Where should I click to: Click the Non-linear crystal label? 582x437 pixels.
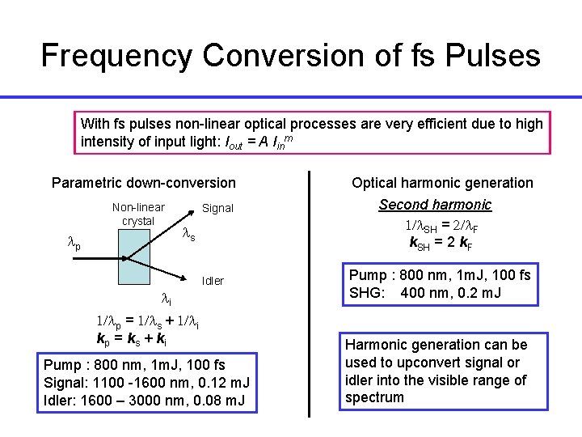(x=137, y=214)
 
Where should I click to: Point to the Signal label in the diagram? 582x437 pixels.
(x=217, y=208)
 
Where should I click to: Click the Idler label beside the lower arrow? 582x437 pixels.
(x=213, y=281)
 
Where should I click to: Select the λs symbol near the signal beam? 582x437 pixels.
(x=188, y=235)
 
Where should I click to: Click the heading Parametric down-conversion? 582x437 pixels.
(x=144, y=183)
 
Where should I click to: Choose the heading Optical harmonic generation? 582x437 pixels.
(x=442, y=183)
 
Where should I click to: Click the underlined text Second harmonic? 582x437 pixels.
(x=435, y=205)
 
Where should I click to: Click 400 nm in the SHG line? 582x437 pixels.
(x=425, y=293)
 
